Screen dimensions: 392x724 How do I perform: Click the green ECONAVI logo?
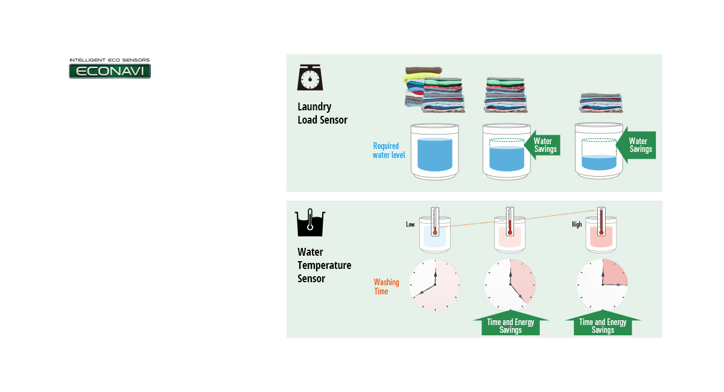tap(110, 71)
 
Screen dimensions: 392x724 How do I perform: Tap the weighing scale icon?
tap(310, 78)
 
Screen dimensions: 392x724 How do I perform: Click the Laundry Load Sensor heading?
tap(322, 113)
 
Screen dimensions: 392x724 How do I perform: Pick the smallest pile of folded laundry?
tap(601, 103)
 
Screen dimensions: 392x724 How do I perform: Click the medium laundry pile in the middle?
tap(506, 95)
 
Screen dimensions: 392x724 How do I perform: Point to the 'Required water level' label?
tap(389, 151)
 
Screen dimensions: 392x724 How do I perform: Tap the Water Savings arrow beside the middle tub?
tap(542, 145)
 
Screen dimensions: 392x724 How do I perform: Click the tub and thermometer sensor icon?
tap(310, 223)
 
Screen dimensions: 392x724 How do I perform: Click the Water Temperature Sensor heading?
tap(324, 265)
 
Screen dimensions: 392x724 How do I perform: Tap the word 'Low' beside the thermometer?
tap(410, 224)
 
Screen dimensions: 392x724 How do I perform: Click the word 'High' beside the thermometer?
tap(577, 225)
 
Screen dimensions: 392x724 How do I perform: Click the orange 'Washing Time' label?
tap(386, 286)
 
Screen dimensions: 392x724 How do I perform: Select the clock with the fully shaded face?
tap(434, 285)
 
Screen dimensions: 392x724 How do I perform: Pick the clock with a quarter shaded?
tap(602, 285)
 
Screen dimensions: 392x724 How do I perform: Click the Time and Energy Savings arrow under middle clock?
tap(510, 324)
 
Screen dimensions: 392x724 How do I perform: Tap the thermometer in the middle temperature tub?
tap(509, 222)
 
